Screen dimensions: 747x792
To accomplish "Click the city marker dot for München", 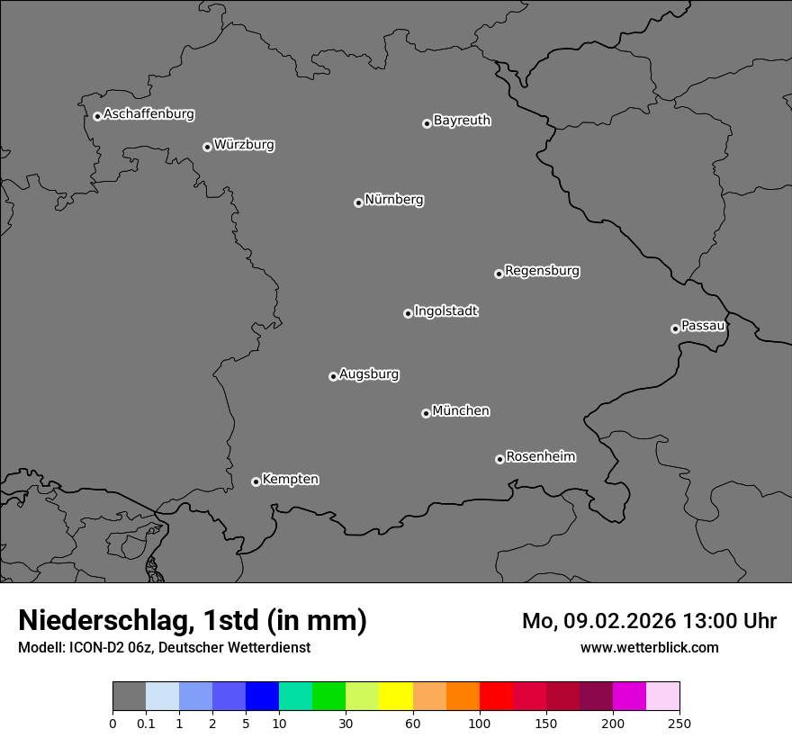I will click(x=426, y=413).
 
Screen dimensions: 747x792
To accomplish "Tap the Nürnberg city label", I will click(x=393, y=200).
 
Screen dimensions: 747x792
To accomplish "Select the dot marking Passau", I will click(x=675, y=328).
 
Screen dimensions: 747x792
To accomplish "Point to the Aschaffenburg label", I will click(x=148, y=114).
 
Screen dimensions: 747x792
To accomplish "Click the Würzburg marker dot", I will click(x=207, y=147).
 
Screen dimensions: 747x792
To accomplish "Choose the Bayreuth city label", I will click(x=462, y=121).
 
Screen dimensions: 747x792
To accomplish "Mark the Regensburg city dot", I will click(x=499, y=274).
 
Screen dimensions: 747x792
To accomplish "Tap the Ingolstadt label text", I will click(x=445, y=311).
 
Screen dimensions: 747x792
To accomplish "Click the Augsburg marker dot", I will click(x=333, y=376).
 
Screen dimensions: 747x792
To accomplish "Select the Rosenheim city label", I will click(x=540, y=456).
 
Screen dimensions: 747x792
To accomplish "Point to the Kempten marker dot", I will click(x=256, y=481).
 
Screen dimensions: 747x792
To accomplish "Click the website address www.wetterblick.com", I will click(x=649, y=647).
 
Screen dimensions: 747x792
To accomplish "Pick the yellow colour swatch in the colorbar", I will click(x=396, y=697).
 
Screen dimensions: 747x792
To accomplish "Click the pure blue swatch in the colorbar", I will click(x=262, y=697).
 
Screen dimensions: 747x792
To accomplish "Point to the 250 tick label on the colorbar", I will click(x=679, y=723).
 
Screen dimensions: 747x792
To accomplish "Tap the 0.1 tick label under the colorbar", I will click(x=146, y=723).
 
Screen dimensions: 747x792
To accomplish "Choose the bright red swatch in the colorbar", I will click(x=496, y=697).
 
